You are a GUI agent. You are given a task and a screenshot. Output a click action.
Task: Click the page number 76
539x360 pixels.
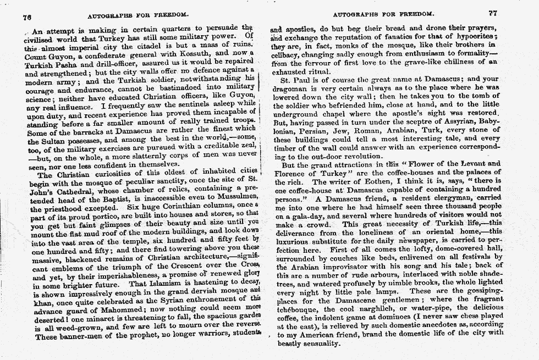coord(26,16)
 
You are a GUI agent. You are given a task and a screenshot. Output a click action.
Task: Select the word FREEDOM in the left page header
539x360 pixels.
coord(170,13)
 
